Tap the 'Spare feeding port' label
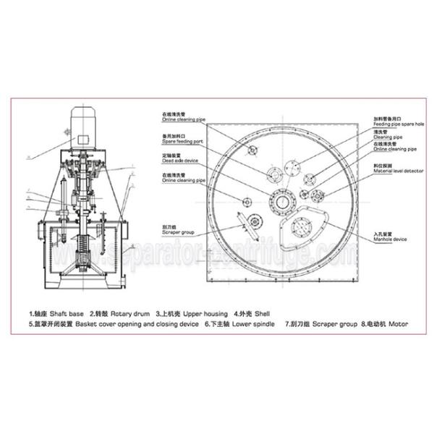(x=178, y=138)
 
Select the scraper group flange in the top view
(x=254, y=224)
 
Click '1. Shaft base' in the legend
(x=52, y=314)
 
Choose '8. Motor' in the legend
(x=383, y=325)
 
